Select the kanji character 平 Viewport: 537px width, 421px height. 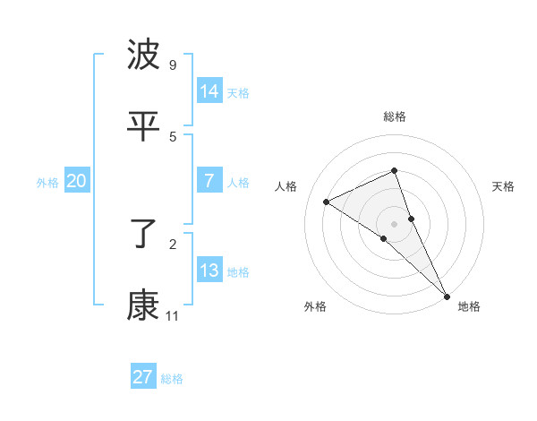click(143, 126)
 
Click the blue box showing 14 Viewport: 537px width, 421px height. click(209, 90)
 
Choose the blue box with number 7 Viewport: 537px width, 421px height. click(209, 180)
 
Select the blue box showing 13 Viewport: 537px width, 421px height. click(209, 270)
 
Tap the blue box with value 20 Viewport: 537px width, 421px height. click(76, 181)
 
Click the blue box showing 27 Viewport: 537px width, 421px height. click(143, 377)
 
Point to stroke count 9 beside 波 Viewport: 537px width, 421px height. click(173, 65)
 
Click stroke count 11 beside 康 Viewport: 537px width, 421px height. click(173, 316)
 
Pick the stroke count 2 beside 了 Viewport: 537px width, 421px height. click(173, 244)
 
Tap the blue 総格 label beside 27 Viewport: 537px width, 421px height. click(172, 379)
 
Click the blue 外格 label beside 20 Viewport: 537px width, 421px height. click(47, 183)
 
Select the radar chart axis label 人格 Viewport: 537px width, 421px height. click(286, 186)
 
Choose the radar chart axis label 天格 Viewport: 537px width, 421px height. click(503, 186)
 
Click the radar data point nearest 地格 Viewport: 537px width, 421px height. click(447, 295)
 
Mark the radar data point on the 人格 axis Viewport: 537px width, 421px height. click(326, 202)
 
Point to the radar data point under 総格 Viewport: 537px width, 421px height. click(394, 170)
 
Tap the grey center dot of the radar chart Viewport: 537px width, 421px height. click(394, 223)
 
